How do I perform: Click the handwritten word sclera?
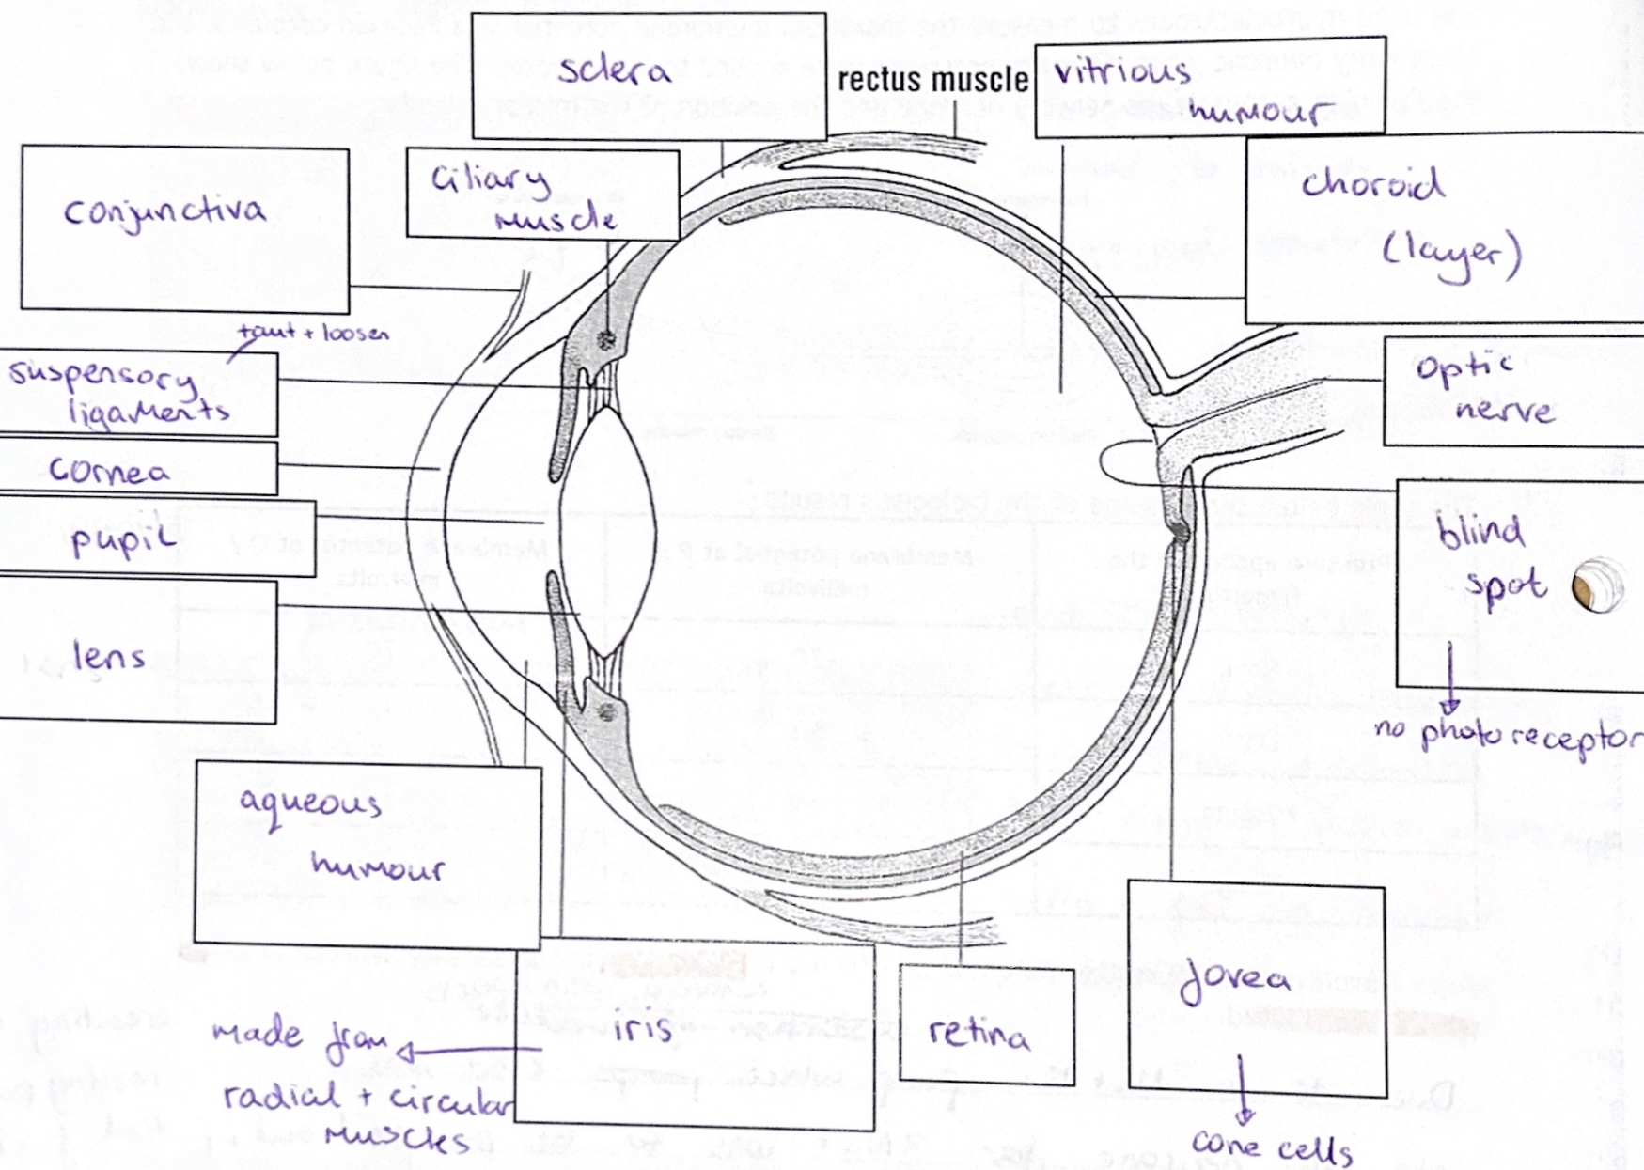coord(614,70)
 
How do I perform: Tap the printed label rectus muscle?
coord(932,80)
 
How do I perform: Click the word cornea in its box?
coord(109,470)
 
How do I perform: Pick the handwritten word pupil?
coord(123,539)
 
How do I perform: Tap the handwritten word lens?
coord(109,655)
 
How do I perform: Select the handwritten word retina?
coord(979,1034)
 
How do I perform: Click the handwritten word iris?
coord(643,1028)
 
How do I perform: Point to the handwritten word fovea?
coord(1234,980)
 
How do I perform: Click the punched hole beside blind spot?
coord(1597,585)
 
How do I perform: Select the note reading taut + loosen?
coord(313,333)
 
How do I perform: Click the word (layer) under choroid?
coord(1450,254)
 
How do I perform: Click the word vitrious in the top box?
coord(1121,71)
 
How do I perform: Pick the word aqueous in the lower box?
coord(310,805)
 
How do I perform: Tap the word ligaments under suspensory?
coord(149,412)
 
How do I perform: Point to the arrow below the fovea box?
coord(1244,1090)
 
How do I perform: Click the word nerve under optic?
coord(1504,409)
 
